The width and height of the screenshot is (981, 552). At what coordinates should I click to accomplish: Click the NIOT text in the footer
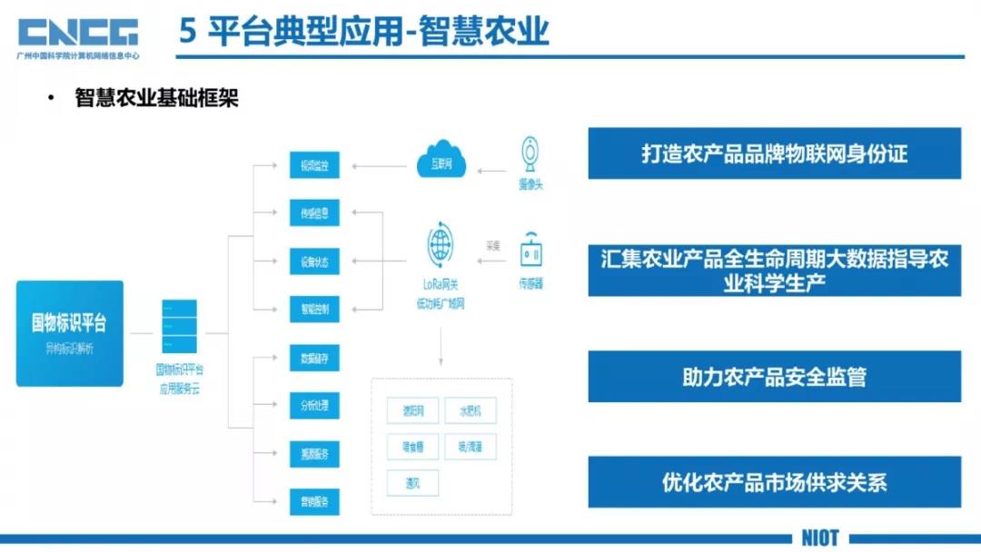819,537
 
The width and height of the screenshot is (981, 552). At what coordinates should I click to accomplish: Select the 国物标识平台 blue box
70,333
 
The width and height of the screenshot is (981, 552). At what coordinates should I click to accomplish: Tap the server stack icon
179,327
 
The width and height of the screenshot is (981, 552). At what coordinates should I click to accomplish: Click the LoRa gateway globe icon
440,244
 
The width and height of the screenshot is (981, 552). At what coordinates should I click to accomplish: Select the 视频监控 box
314,166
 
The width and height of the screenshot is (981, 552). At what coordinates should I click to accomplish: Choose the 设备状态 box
314,262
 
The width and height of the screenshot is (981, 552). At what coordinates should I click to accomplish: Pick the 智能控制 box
314,310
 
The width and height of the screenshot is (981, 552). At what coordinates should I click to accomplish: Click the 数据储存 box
314,358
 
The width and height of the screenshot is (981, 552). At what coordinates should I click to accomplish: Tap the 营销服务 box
314,500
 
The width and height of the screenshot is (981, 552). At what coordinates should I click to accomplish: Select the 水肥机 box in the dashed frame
471,409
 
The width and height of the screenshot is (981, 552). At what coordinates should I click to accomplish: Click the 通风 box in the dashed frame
412,482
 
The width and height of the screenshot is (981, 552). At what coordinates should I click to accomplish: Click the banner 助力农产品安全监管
774,377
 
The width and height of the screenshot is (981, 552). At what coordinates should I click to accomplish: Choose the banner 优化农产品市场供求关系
774,481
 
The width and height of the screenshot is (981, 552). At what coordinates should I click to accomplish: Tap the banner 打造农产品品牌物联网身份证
774,153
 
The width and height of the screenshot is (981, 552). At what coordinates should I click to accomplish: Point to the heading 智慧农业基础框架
156,98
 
